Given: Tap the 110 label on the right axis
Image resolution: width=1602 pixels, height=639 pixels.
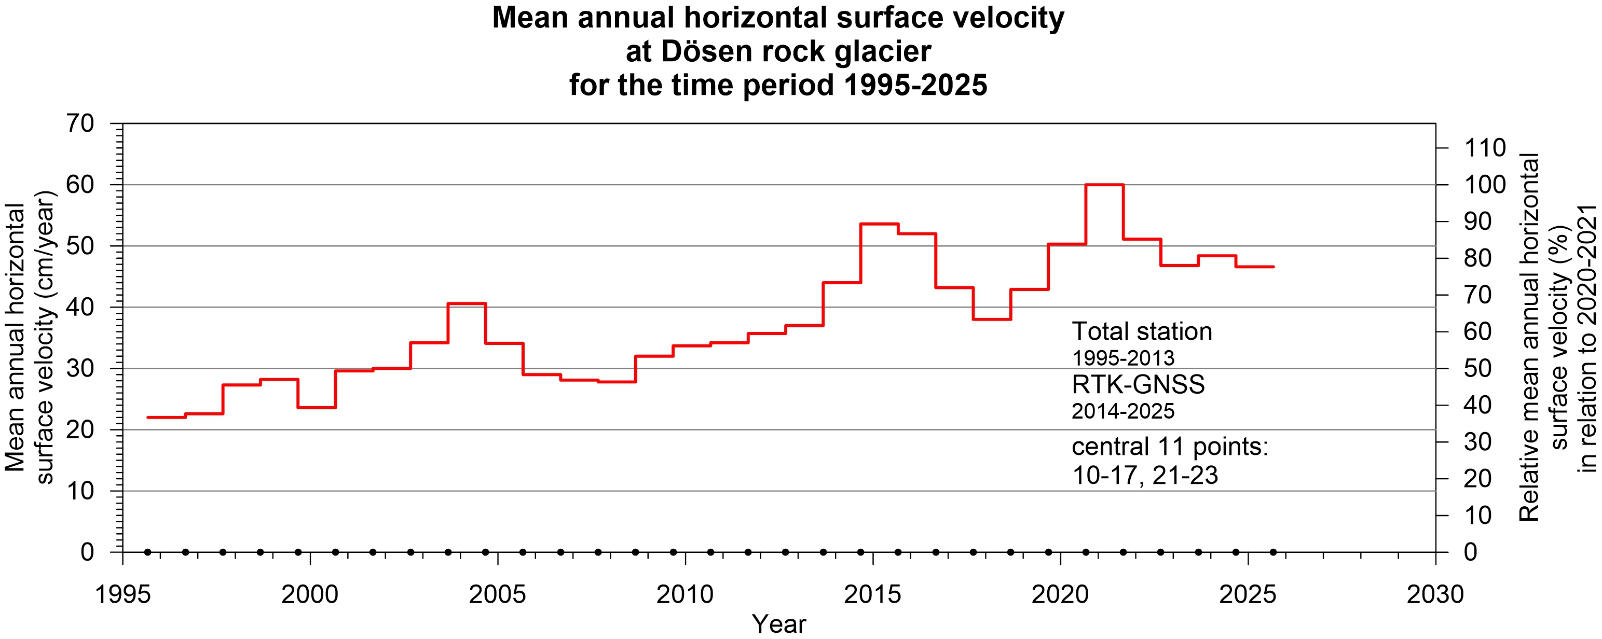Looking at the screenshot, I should tap(1485, 148).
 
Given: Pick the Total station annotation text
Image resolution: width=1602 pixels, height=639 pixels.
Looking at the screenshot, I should tap(1141, 331).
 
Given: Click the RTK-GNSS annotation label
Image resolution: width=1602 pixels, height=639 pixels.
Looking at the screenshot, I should tap(1138, 385).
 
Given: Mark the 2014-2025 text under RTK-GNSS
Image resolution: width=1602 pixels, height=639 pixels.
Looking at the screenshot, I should tap(1122, 411).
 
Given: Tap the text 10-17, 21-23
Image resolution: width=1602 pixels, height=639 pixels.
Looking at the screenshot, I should tap(1144, 476).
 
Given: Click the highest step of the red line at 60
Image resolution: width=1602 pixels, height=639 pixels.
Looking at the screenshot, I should tap(1104, 185).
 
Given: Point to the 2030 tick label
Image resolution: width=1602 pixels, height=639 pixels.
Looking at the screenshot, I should tap(1435, 595).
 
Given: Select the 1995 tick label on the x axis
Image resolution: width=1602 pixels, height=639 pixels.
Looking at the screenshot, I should tap(122, 595).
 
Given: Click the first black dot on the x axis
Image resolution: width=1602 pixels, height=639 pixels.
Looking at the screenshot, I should tap(147, 552).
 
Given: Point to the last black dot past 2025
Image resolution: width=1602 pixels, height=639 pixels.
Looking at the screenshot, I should tap(1273, 552).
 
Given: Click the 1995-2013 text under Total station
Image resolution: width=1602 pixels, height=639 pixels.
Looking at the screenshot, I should tap(1122, 358).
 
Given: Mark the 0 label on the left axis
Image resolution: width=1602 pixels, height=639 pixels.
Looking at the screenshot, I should tap(87, 552).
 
